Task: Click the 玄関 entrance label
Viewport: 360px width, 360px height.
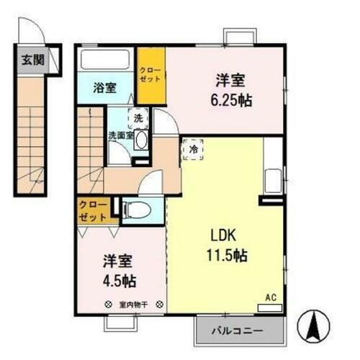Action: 30,59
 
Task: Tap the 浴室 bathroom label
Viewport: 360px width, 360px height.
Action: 105,89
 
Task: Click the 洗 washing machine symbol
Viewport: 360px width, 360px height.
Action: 137,115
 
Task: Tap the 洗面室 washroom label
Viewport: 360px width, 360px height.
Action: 120,135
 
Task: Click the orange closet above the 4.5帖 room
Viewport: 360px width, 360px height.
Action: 94,210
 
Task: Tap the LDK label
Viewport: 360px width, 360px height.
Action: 223,238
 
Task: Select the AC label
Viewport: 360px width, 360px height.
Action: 270,297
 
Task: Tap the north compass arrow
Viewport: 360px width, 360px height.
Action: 314,328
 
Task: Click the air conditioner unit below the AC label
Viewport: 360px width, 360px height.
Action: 270,307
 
